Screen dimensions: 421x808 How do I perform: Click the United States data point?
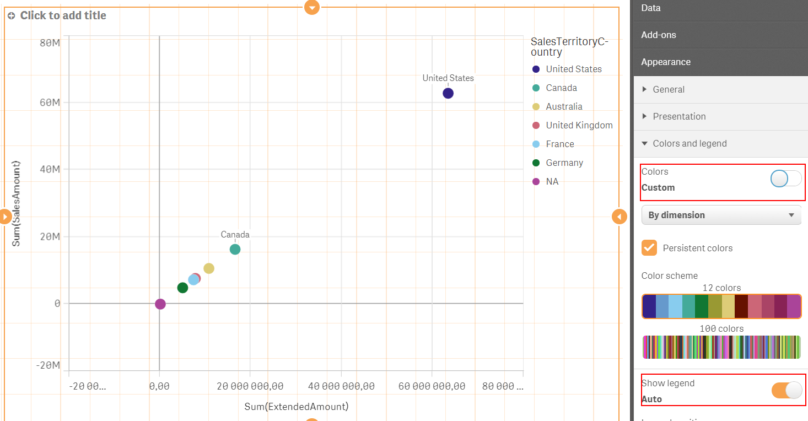[448, 93]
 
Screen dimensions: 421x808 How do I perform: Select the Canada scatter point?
[235, 249]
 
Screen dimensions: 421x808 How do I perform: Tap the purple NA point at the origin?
[160, 304]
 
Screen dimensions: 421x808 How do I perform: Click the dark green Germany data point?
[182, 288]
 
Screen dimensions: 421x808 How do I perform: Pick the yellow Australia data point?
[209, 268]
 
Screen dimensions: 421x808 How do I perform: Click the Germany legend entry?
[564, 163]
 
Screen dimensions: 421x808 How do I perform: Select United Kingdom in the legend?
[579, 125]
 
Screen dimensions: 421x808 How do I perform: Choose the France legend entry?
[559, 144]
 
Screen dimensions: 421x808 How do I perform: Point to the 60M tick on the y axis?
[50, 102]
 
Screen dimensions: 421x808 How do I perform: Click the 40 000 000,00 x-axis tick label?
[341, 386]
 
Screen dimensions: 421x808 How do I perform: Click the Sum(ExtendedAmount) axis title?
[297, 407]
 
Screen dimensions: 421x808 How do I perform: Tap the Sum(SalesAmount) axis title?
[17, 203]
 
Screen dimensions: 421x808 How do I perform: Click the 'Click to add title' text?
[63, 15]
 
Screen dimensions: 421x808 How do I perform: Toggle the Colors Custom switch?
[785, 179]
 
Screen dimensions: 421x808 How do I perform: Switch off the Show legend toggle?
[787, 390]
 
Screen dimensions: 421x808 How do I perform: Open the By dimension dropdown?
[721, 215]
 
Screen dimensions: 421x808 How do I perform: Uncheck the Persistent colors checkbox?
[649, 248]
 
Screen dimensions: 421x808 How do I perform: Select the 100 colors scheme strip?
[721, 347]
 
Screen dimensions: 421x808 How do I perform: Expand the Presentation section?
[679, 116]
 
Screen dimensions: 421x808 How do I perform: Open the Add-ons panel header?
[659, 35]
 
